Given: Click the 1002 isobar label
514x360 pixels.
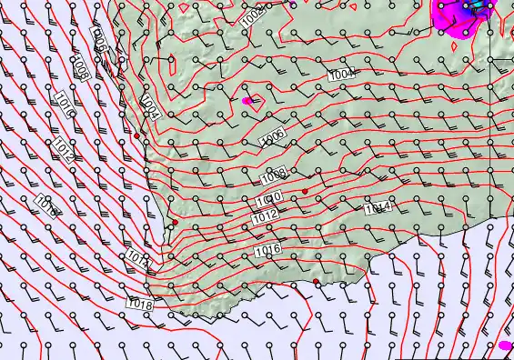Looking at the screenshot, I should (254, 14).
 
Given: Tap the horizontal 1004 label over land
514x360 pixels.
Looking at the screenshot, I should (343, 74).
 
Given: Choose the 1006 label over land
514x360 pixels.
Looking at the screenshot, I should (273, 137).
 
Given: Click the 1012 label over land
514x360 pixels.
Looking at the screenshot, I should (266, 216).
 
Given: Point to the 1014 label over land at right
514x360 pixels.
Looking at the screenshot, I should (378, 208).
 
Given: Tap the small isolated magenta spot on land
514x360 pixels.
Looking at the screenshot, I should (247, 101).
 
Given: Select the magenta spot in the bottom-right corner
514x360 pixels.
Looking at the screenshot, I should (506, 345).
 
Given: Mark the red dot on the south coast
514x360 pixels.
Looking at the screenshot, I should (317, 282).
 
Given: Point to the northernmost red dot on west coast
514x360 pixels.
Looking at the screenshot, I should (137, 135).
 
